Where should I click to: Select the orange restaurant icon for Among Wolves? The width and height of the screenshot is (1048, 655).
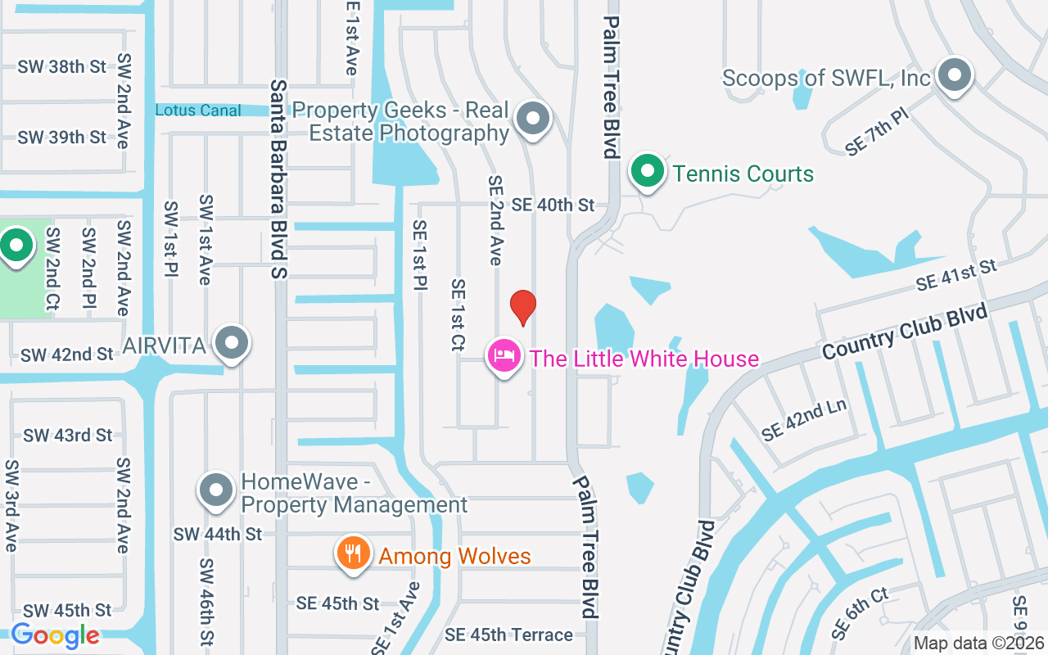click(353, 553)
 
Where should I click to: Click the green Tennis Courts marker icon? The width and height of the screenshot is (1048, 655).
click(648, 171)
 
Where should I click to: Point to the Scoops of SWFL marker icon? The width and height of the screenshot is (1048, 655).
click(954, 75)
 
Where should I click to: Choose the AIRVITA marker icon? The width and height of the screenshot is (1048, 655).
click(233, 343)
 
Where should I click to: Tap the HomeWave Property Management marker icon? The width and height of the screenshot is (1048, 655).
click(216, 490)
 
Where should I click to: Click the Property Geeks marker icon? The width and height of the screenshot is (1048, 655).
click(534, 119)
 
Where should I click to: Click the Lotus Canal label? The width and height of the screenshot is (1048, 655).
click(198, 110)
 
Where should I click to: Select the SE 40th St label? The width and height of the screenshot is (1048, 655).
click(553, 205)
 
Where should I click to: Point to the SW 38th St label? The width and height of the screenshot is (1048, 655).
click(62, 66)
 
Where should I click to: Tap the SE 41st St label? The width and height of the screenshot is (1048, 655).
click(956, 274)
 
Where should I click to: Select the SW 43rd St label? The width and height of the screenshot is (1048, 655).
click(67, 435)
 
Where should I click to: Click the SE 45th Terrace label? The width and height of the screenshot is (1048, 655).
click(508, 635)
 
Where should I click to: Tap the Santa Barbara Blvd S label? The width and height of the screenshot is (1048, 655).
click(278, 179)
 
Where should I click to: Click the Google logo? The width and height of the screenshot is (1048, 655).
click(55, 635)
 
